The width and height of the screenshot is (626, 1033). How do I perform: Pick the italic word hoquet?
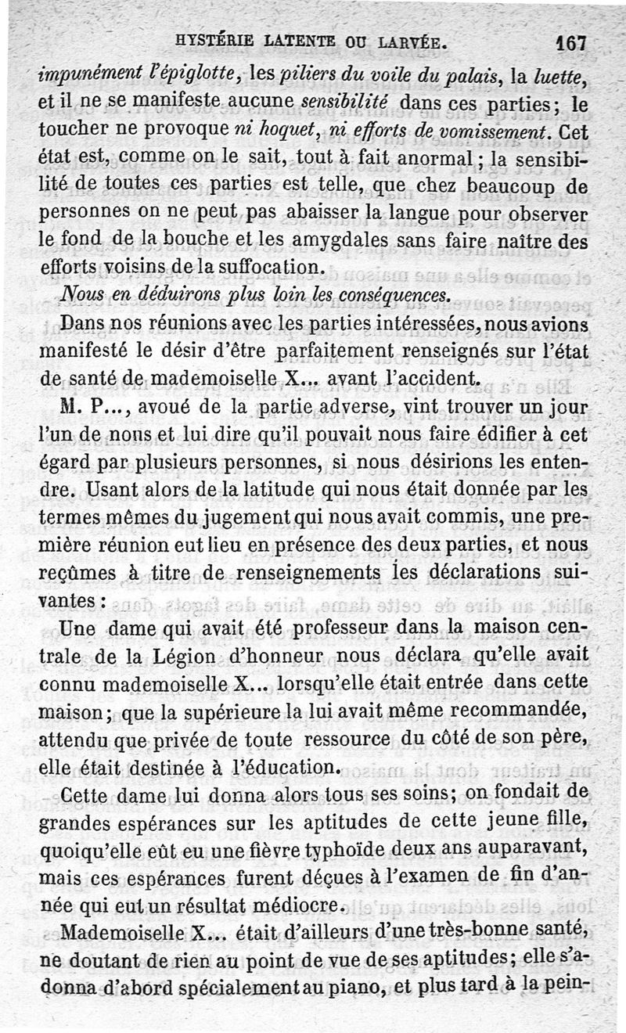click(x=255, y=129)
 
